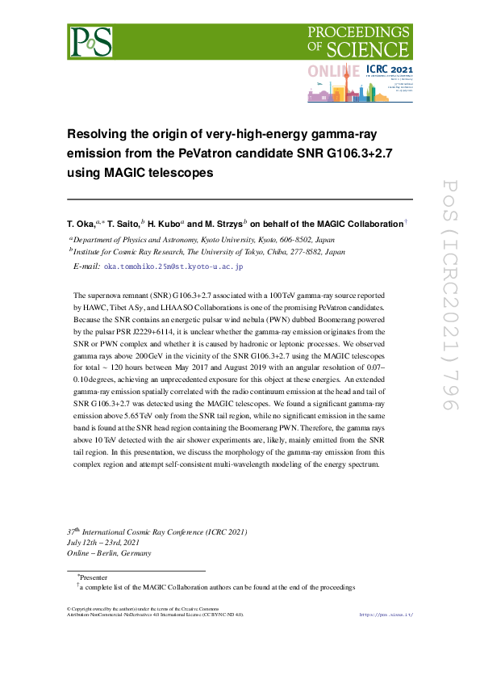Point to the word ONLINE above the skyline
334,72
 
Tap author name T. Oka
81,224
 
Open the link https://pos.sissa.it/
386,615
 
